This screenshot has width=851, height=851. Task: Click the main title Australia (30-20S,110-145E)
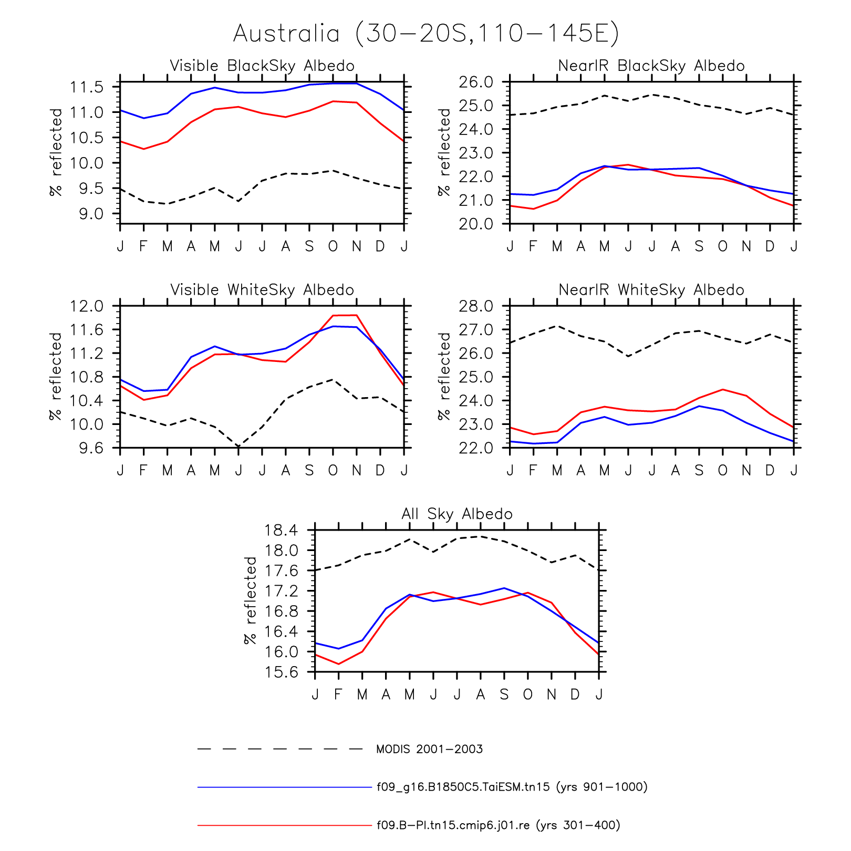[426, 34]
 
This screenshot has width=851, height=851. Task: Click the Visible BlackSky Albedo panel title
[262, 66]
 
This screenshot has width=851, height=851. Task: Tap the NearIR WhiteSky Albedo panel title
[651, 290]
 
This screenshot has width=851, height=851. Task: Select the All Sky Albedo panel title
[457, 514]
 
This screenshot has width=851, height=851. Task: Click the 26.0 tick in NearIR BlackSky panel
[476, 82]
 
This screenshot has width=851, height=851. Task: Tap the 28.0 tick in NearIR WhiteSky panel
[476, 306]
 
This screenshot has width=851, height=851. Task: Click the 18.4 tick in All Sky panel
[281, 530]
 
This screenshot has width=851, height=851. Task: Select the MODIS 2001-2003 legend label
[429, 749]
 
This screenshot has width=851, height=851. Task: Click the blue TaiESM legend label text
[512, 787]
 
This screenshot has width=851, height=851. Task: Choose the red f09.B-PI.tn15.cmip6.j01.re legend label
[499, 825]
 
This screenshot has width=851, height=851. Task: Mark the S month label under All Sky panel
[504, 694]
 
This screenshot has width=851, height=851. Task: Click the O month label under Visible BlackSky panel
[333, 246]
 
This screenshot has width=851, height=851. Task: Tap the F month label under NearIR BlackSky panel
[533, 246]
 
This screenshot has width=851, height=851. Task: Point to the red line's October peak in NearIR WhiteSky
[723, 389]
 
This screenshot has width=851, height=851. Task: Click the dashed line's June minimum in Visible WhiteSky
[238, 446]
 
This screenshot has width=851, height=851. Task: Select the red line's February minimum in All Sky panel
[338, 664]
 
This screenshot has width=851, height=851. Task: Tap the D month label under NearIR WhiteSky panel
[770, 470]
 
